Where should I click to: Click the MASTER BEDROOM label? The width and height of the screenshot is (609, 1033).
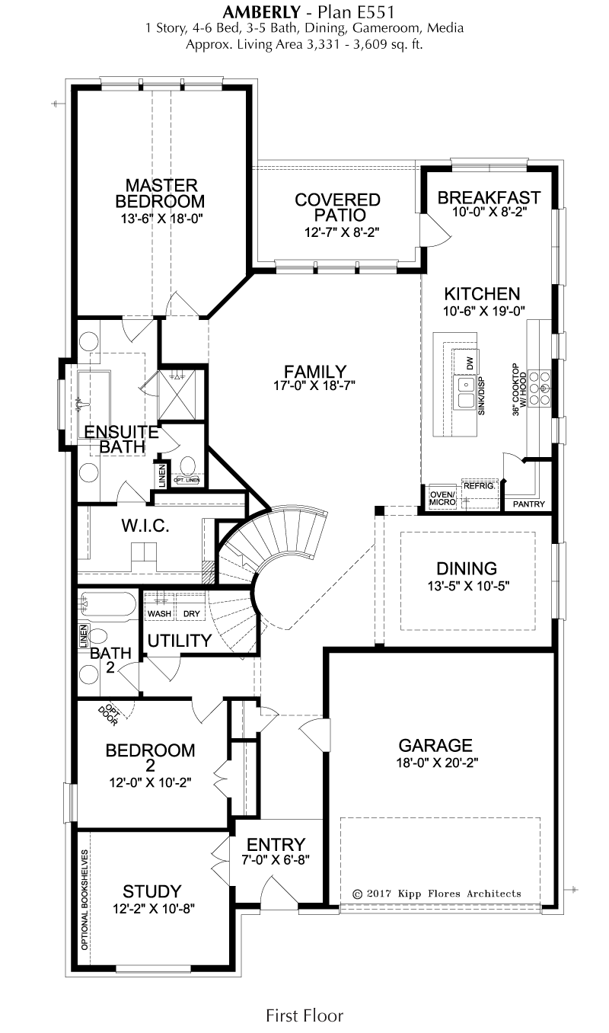161,193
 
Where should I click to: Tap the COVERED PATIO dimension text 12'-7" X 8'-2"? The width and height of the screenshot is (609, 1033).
342,232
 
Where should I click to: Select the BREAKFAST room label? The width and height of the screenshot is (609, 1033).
489,197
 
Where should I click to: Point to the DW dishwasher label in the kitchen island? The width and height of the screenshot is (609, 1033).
470,364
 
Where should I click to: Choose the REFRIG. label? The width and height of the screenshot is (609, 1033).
480,486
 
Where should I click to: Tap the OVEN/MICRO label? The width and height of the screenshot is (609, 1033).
443,498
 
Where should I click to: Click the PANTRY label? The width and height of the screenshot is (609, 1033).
529,504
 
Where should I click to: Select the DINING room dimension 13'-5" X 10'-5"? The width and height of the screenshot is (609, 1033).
468,586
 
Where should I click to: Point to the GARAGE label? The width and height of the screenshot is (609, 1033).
435,745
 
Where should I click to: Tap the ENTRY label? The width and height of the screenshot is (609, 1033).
276,844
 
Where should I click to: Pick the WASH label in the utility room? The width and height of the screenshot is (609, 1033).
159,614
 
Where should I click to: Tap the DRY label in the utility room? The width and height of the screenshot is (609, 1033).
192,614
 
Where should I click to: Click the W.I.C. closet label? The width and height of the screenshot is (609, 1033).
145,526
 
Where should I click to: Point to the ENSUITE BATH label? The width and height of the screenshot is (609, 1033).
122,439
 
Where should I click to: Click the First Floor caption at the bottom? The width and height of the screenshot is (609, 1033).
304,1015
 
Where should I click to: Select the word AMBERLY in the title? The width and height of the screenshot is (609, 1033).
261,11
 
